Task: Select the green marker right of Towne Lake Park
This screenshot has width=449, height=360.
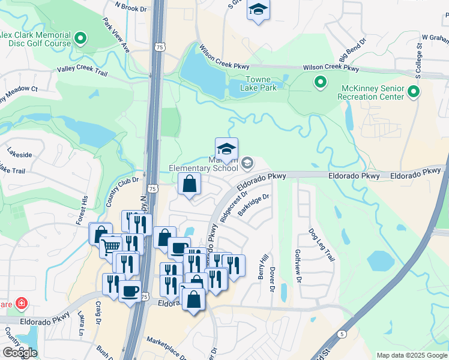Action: [x=321, y=82]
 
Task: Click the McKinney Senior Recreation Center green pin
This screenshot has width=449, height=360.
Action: [x=413, y=92]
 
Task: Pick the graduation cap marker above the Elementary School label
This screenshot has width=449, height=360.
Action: [x=226, y=149]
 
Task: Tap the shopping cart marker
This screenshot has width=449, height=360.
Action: [x=110, y=246]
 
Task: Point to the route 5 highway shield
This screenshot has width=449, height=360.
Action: [x=342, y=333]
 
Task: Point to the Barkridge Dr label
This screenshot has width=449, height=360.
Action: [x=255, y=204]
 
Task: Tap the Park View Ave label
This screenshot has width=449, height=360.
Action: [x=116, y=39]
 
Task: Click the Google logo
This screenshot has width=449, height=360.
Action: [x=20, y=353]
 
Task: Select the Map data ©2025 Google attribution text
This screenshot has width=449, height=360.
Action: [x=411, y=355]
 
